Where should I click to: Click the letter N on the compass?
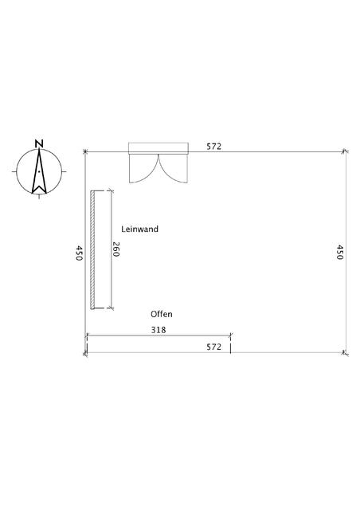pos(39,143)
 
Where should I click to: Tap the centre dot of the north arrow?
pos(39,171)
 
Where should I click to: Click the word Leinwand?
pos(140,229)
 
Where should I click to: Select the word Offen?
pos(162,314)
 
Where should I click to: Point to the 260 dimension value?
pos(116,249)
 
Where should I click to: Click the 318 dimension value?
pos(158,330)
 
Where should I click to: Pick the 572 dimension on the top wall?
pos(214,147)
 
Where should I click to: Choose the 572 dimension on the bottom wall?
pos(214,347)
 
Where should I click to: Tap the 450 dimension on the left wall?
pos(79,253)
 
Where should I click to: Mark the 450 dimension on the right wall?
pos(339,252)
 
